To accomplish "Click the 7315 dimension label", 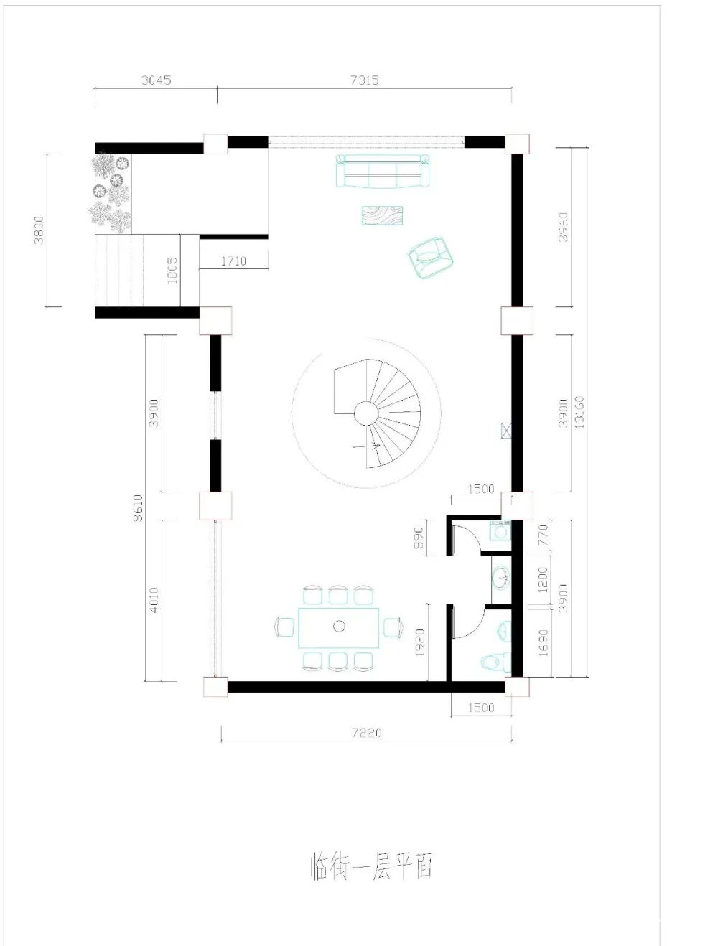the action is coord(364,80).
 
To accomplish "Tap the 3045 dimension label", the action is coord(156,80).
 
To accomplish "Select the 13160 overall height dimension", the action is coord(579,411).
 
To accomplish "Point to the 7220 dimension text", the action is coord(366,732).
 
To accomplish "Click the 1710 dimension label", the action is coord(233,261).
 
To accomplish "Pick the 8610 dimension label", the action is coord(137,507).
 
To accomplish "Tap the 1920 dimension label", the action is coord(419,642).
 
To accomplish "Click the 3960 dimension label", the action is coord(563,227).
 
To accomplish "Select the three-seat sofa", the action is coord(383,171).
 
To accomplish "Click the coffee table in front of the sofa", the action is coord(382,215).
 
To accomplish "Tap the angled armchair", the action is coord(431,257).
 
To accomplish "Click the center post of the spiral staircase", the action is coord(366,413).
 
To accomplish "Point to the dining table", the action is coord(339,627).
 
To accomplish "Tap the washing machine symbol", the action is coord(500,530).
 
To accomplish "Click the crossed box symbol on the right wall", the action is coord(506,431).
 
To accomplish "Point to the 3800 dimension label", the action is coord(39,230).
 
